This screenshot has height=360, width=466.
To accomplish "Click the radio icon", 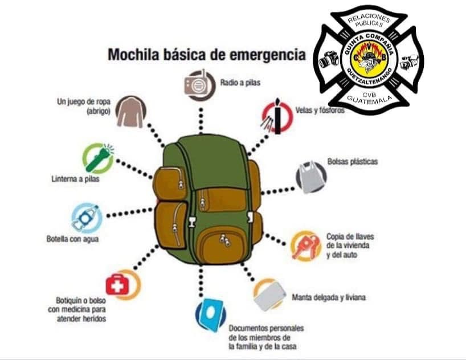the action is (199, 85).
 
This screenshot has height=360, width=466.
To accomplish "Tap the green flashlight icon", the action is (98, 158).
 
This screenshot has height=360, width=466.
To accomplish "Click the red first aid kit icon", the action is (122, 284).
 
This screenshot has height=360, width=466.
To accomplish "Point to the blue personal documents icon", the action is (210, 314).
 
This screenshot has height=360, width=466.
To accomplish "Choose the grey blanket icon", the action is (269, 294).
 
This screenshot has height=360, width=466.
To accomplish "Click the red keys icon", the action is (305, 246).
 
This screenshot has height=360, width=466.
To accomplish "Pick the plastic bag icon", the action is (311, 177).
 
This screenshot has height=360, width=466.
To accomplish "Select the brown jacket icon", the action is (131, 112).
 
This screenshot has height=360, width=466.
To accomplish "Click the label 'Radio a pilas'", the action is (240, 83).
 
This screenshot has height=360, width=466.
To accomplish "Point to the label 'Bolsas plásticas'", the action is (353, 162).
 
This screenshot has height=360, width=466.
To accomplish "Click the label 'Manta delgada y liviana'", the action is (329, 297).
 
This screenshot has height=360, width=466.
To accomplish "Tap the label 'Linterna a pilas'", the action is (76, 179).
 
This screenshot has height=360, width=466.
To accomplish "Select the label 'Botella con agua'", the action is (72, 239).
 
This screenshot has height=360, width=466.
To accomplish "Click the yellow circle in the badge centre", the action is (369, 58).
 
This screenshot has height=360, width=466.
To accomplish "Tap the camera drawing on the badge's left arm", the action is (329, 59).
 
